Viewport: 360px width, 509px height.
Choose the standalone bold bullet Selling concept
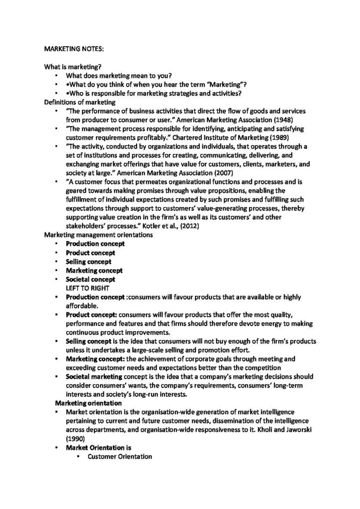tap(89, 262)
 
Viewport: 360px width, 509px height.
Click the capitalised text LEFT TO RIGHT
tap(86, 288)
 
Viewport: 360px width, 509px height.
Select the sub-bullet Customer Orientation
tap(119, 457)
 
